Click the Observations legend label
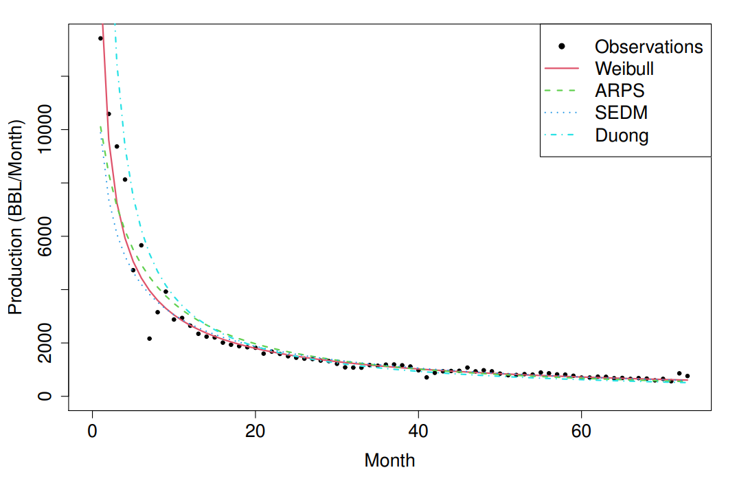(648, 47)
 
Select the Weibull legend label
(624, 69)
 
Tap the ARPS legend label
(620, 91)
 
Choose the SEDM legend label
(621, 113)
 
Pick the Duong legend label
(621, 135)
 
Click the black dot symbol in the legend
(562, 46)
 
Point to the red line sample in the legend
(562, 69)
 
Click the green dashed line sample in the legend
(562, 91)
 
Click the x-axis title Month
(389, 460)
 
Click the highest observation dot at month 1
(100, 38)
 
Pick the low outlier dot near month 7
(149, 339)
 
